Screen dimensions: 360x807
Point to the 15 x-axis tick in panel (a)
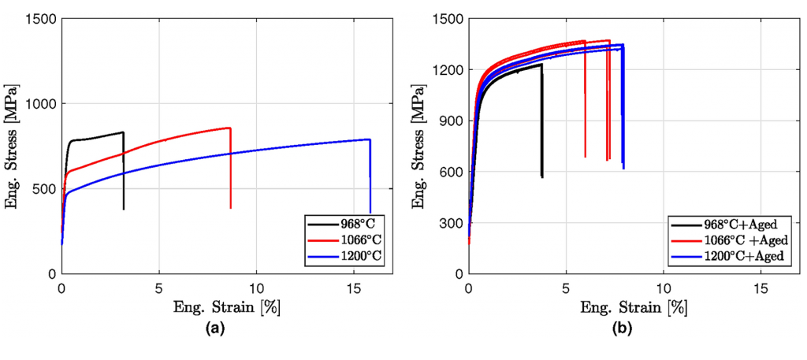tap(354, 287)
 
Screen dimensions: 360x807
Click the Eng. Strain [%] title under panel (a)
tap(227, 306)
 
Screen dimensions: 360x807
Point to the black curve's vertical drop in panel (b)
tap(542, 122)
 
